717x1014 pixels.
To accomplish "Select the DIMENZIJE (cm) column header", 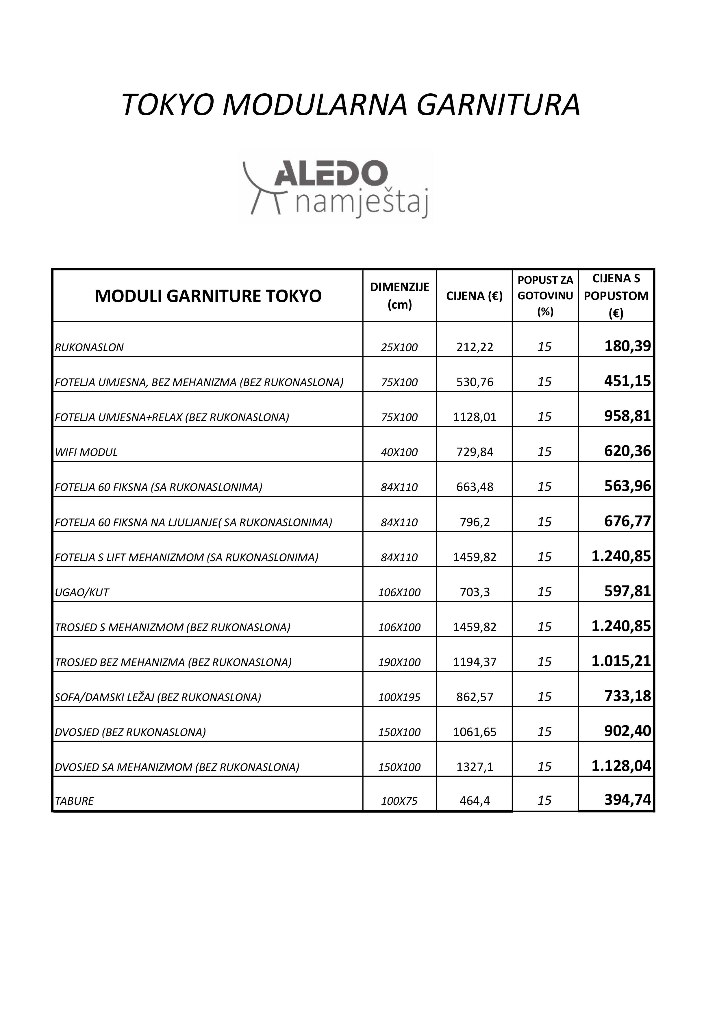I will pyautogui.click(x=399, y=295).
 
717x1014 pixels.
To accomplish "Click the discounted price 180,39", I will pyautogui.click(x=627, y=346).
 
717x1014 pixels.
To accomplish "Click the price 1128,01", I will pyautogui.click(x=475, y=417).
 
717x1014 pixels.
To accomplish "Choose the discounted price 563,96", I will pyautogui.click(x=627, y=486).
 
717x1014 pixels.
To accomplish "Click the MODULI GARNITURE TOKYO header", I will pyautogui.click(x=208, y=296).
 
